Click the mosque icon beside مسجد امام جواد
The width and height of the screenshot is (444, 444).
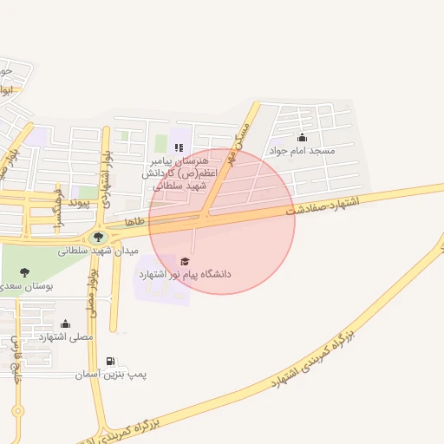[x=302, y=138]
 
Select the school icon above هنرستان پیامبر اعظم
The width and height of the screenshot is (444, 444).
[x=179, y=147]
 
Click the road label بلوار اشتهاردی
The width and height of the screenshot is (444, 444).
[x=103, y=169]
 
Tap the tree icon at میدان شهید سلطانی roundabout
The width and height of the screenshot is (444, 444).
[x=95, y=237]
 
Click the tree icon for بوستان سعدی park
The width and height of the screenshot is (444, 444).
[x=23, y=272]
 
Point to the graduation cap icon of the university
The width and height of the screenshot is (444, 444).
[x=183, y=260]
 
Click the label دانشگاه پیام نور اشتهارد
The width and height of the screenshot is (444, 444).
[x=185, y=274]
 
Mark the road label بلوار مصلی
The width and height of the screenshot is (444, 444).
[x=92, y=290]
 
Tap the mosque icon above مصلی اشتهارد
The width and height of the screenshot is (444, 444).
[x=65, y=323]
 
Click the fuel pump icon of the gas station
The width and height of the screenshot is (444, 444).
[x=110, y=362]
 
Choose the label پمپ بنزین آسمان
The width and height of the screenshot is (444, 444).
[x=110, y=375]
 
